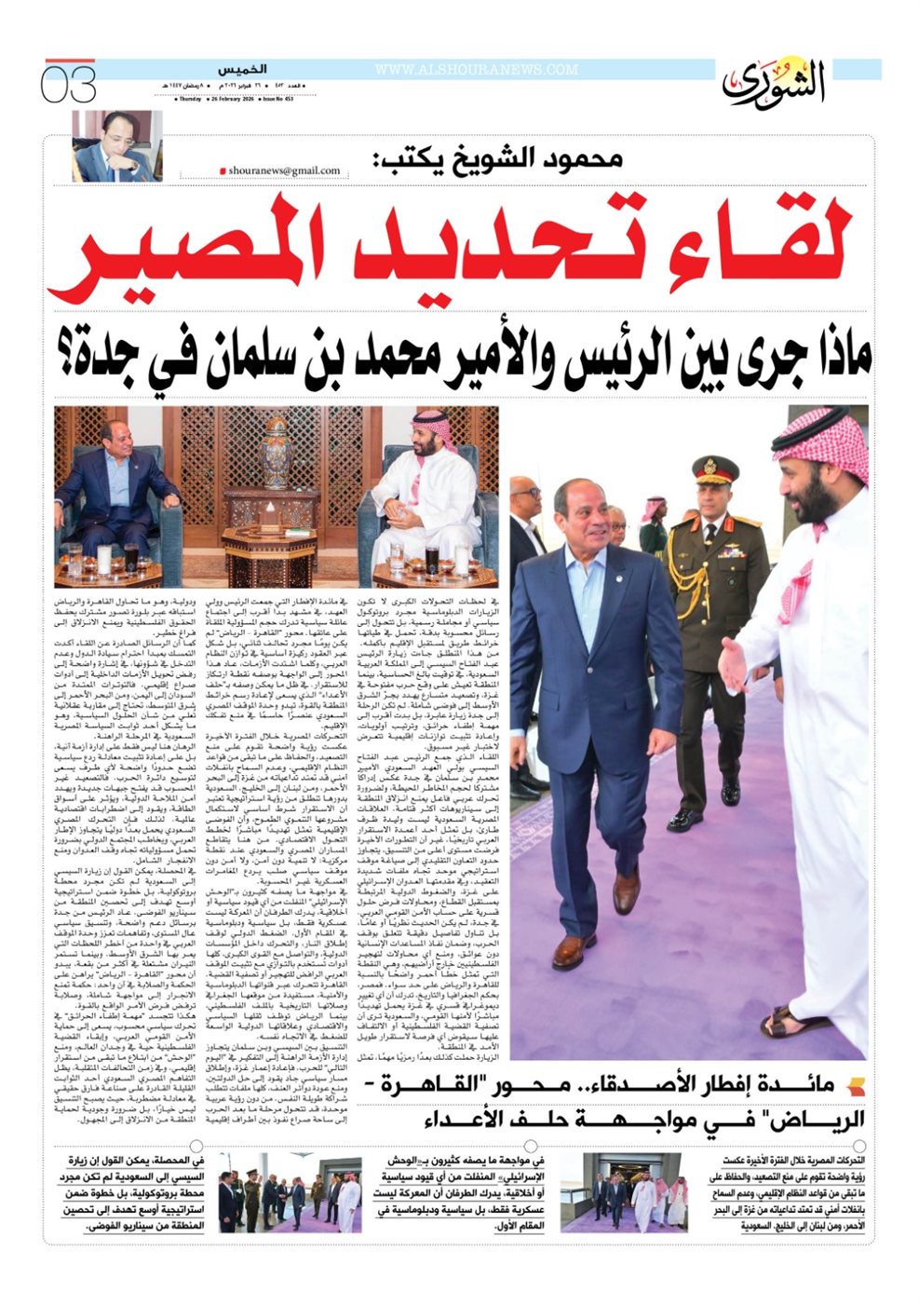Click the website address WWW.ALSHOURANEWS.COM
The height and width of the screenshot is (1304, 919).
(x=476, y=70)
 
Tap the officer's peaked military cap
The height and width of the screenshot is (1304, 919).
(x=715, y=469)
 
